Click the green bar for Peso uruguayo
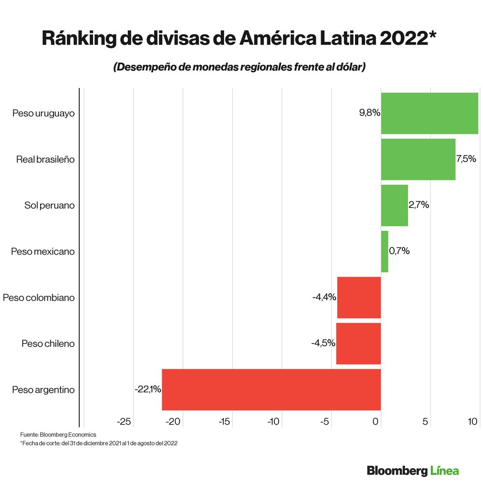pyautogui.click(x=429, y=114)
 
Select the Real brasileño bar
pyautogui.click(x=418, y=159)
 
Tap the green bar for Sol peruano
pyautogui.click(x=394, y=205)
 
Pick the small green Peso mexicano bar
pyautogui.click(x=384, y=251)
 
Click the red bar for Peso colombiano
pyautogui.click(x=359, y=298)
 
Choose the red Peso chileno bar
pyautogui.click(x=358, y=343)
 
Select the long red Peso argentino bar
pyautogui.click(x=271, y=389)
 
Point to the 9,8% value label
pyautogui.click(x=369, y=114)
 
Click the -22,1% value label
pyautogui.click(x=148, y=389)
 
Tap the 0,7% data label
pyautogui.click(x=399, y=251)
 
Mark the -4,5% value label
pyautogui.click(x=323, y=343)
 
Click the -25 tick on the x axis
pyautogui.click(x=124, y=422)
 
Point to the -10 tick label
pyautogui.click(x=274, y=422)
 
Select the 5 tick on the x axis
pyautogui.click(x=426, y=422)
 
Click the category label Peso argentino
pyautogui.click(x=43, y=389)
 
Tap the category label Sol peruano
pyautogui.click(x=50, y=205)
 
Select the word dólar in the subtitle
pyautogui.click(x=347, y=67)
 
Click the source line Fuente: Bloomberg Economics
pyautogui.click(x=58, y=434)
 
